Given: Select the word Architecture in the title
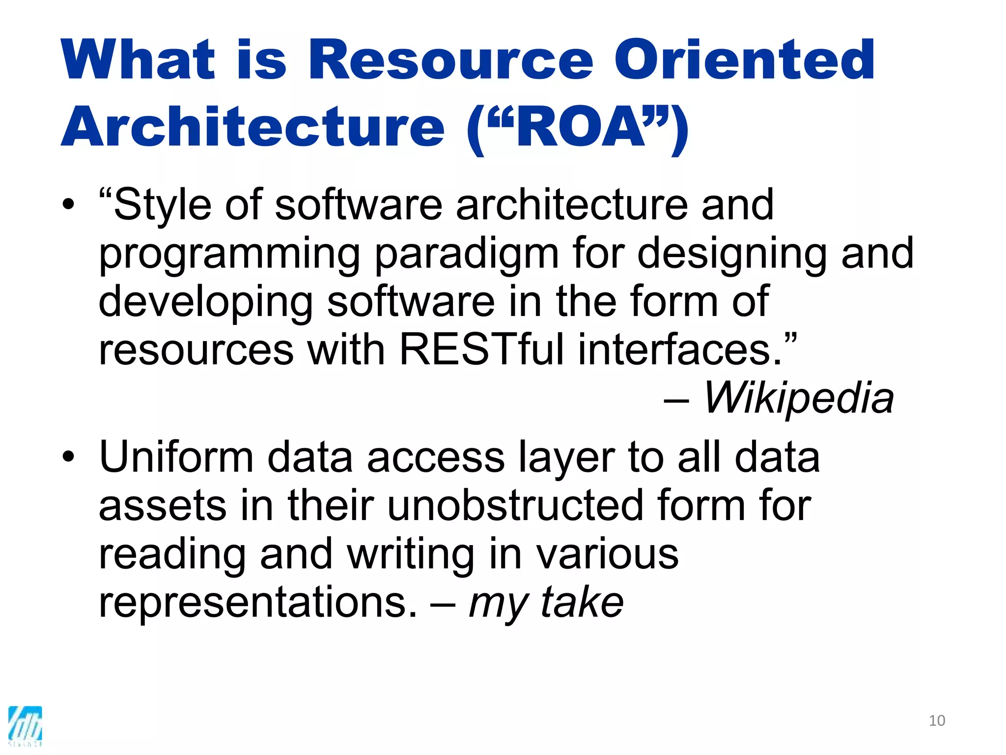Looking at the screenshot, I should tap(252, 127).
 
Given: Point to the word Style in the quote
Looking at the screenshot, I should tap(163, 205).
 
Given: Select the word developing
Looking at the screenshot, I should tap(206, 303).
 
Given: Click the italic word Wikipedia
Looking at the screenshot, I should tap(798, 398).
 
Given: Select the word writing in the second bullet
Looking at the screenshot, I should tap(411, 555).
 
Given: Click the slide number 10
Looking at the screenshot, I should tap(937, 721).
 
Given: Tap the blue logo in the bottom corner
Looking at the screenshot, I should tap(25, 726).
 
